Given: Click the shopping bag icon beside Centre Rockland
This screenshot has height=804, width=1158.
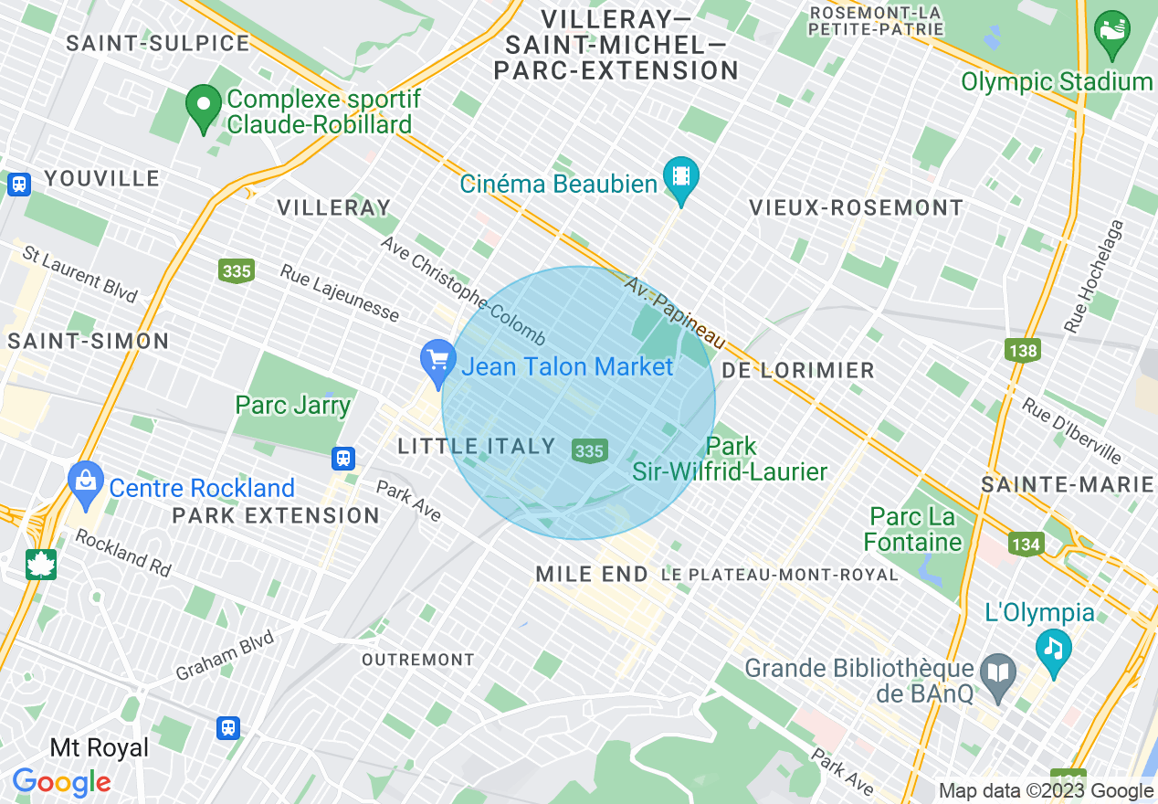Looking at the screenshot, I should click(87, 481).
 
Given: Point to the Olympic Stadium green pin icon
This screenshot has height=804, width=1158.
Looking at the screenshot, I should click(1111, 31).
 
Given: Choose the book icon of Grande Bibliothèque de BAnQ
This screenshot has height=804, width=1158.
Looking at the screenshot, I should click(998, 674).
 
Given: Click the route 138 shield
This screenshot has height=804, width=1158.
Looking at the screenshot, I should click(1023, 350).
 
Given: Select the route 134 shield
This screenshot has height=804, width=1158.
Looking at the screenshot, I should click(1026, 545).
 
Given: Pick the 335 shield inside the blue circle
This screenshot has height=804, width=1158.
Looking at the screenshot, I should click(589, 450).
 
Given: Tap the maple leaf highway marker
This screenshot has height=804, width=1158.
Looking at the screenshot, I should click(41, 564).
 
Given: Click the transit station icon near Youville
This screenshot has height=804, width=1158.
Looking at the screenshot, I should click(18, 184).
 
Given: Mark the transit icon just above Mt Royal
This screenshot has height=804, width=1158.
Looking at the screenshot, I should click(228, 727).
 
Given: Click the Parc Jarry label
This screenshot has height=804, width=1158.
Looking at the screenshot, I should click(292, 405).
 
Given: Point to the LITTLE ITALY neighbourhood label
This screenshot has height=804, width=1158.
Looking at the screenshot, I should click(477, 446).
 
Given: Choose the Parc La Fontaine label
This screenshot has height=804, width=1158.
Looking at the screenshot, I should click(912, 530).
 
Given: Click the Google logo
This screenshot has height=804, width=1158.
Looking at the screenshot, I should click(61, 782).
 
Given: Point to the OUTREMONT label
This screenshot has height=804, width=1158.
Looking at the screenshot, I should click(418, 659).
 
